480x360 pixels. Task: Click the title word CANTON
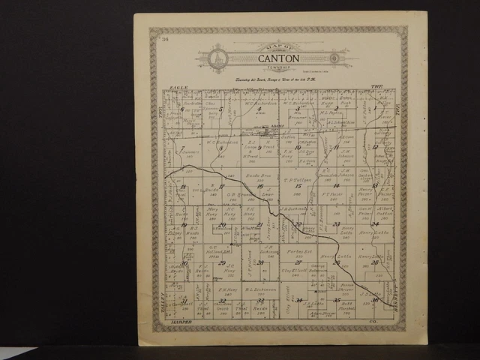pos(278,58)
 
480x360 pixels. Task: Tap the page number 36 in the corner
pos(164,39)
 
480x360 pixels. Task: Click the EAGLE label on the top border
pos(178,88)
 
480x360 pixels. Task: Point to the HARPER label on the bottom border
pos(182,322)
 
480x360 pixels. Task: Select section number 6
pos(182,109)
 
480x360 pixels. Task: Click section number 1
pos(375,109)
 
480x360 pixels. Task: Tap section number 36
pos(375,300)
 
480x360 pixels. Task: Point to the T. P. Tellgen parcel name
pos(296,180)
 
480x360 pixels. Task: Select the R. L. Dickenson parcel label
pos(259,287)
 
